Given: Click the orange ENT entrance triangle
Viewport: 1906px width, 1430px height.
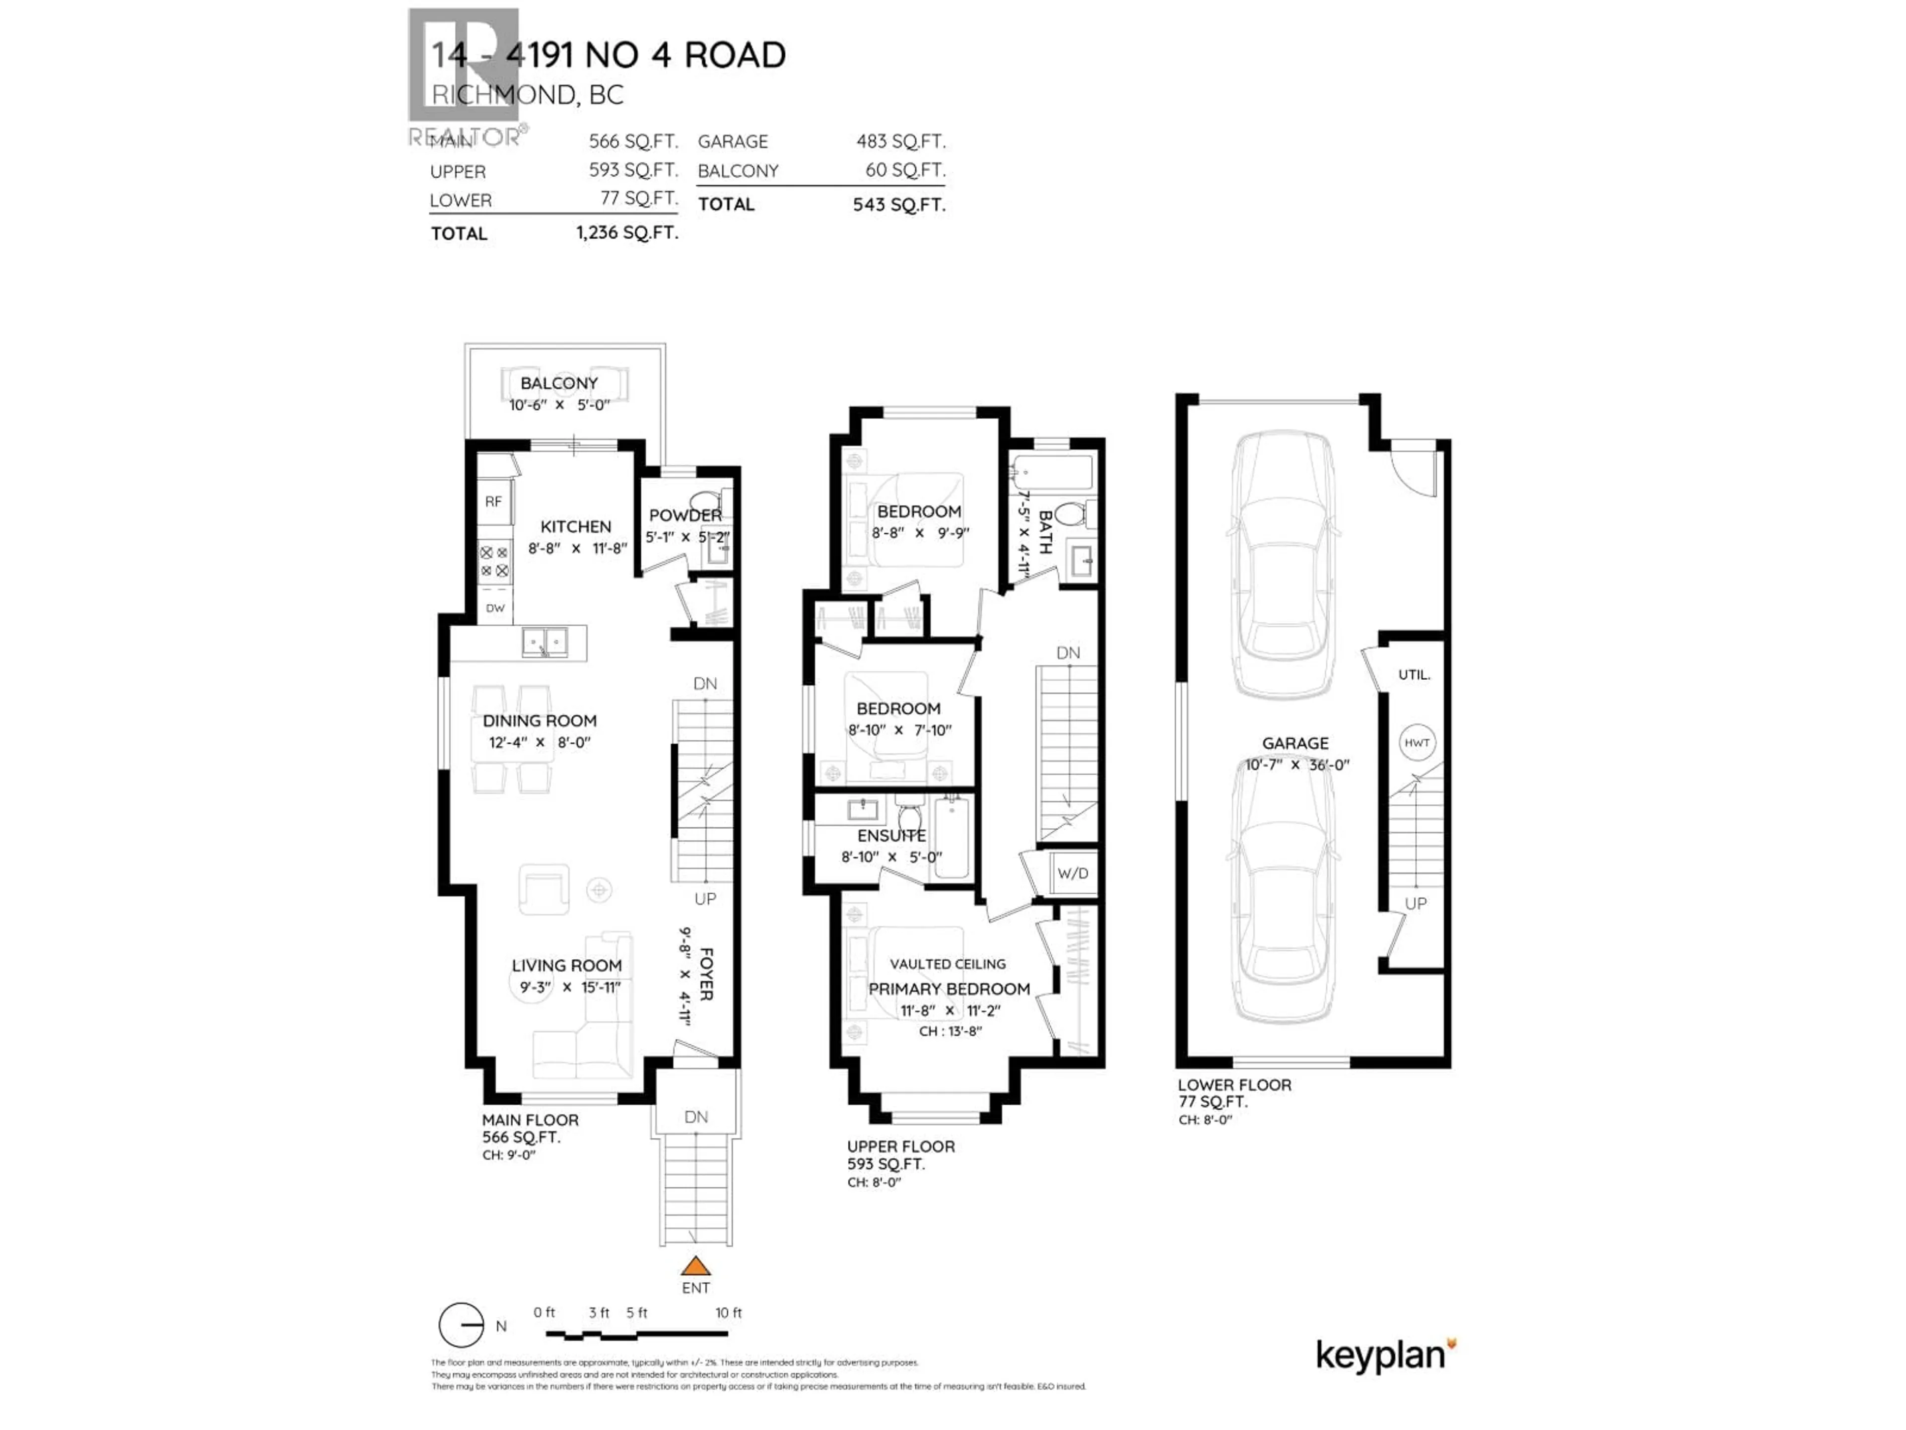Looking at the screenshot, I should (695, 1266).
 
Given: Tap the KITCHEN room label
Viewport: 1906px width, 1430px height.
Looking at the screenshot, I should (576, 527).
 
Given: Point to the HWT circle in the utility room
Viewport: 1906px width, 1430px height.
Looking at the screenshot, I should (1417, 742).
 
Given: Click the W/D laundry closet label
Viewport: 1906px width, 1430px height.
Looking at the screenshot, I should (1073, 873).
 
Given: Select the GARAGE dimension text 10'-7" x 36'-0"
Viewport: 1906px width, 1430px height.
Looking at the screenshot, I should (1297, 765).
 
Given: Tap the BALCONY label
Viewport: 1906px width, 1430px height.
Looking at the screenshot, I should (558, 384).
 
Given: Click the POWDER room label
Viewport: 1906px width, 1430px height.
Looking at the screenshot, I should (685, 515).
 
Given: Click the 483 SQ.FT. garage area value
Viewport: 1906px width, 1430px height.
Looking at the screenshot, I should (900, 142).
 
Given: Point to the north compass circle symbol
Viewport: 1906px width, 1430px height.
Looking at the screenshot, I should (461, 1325).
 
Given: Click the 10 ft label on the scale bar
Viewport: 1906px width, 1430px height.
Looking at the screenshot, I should (728, 1313).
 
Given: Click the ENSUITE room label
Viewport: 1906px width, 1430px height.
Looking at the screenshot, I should (891, 836).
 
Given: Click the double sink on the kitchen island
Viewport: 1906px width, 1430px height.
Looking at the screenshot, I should (545, 642).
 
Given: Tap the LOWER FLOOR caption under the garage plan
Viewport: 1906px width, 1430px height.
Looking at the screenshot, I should (1234, 1085).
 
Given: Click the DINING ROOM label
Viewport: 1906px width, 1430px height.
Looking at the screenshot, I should (540, 720).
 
